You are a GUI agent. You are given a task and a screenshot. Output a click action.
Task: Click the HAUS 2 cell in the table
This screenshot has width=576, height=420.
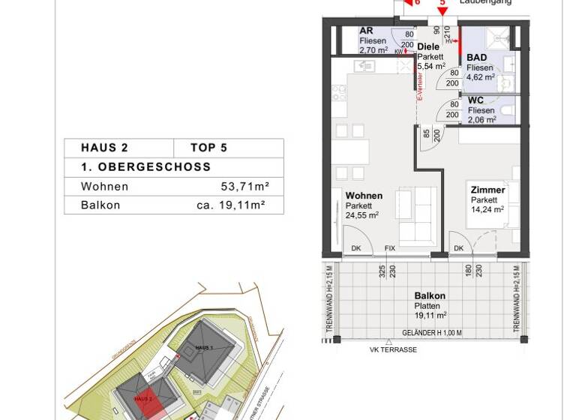pos(105,148)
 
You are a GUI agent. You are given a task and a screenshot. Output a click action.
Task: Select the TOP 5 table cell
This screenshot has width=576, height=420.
pos(208,148)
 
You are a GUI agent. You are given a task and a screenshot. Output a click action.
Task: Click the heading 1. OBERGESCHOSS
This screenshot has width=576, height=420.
pos(146,167)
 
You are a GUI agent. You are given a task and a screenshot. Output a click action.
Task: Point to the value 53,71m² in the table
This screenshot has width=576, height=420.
pos(240,187)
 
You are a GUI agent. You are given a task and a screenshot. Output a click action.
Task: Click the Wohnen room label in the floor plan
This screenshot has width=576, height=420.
pos(364,196)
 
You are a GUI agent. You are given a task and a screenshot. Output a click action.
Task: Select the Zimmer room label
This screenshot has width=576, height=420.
pos(487,190)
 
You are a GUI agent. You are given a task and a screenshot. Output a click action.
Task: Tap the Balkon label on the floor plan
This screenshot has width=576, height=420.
pos(430,296)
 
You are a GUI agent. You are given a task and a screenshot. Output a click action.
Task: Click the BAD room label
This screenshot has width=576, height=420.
pos(476,58)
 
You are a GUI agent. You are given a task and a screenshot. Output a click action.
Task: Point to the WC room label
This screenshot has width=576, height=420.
pos(475,100)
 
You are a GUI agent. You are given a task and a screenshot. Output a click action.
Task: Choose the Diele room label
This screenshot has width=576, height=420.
pos(428,46)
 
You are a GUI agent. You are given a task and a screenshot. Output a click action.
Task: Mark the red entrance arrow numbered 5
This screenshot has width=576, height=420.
pos(442,9)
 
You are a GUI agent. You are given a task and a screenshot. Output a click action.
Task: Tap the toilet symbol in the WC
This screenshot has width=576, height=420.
pos(507,112)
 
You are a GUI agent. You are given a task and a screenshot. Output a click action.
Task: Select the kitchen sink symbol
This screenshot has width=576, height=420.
pos(365,66)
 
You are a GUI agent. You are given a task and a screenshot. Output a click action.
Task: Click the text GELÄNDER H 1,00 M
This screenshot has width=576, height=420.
pos(432,332)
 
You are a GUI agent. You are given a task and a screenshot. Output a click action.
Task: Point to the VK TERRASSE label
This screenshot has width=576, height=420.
pos(393,349)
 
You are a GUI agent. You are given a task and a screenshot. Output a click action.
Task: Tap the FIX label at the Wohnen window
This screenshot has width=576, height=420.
pos(389,248)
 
